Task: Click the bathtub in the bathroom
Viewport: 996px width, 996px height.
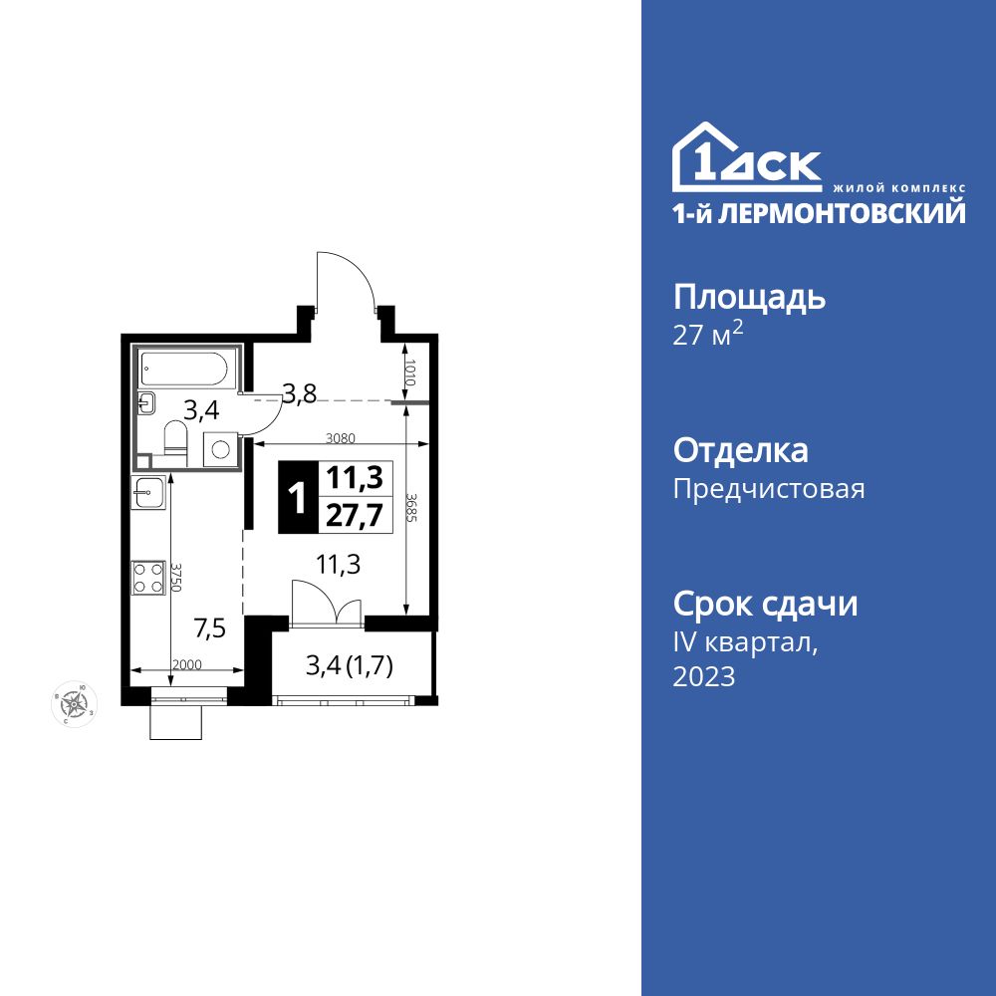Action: tap(187, 371)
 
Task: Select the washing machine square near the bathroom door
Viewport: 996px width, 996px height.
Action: tap(219, 448)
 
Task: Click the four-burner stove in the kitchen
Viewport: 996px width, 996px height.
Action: tap(148, 578)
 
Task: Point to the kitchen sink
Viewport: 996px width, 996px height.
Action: tap(148, 492)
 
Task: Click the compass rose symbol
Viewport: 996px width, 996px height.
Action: tap(74, 704)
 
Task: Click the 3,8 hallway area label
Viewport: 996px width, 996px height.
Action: tap(299, 393)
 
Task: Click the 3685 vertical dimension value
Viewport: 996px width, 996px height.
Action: tap(411, 510)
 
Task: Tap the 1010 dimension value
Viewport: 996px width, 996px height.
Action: tap(409, 373)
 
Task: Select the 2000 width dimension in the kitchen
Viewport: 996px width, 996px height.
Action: tap(186, 664)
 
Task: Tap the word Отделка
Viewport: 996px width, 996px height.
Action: tap(741, 451)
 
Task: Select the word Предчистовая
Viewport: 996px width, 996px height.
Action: tap(769, 489)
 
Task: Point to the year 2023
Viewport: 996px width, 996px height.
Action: tap(704, 677)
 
